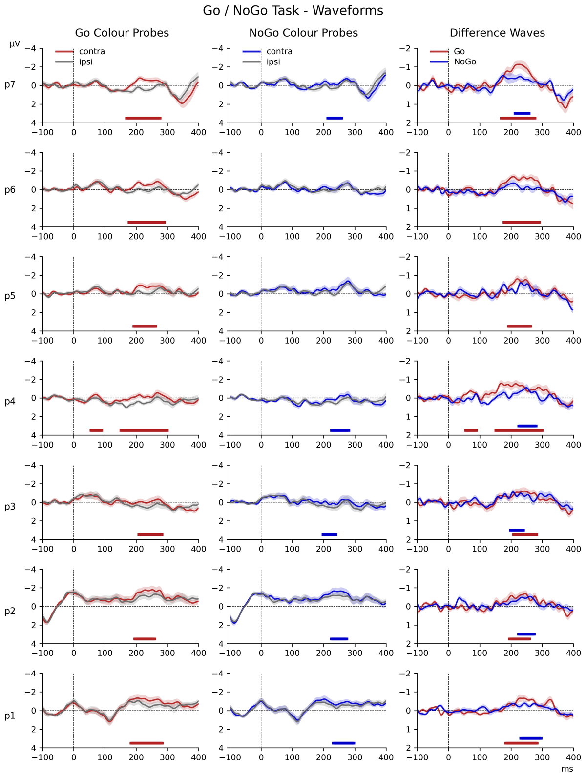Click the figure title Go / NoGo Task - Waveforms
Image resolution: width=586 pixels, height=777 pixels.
pos(293,10)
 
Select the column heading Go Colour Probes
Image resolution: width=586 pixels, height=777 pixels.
pos(122,33)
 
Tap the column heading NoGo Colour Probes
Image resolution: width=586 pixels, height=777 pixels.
pos(303,33)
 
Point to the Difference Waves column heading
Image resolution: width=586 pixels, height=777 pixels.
pos(497,33)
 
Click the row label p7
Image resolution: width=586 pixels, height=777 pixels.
pos(10,85)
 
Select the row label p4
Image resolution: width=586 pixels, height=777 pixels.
pos(10,401)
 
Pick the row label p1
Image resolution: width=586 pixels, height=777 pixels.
pos(10,716)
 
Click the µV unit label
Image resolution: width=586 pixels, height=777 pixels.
pos(15,44)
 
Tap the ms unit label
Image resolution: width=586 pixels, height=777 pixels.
pos(566,769)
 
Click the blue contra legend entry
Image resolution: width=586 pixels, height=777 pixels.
pos(279,51)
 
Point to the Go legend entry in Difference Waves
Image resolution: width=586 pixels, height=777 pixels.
pos(459,51)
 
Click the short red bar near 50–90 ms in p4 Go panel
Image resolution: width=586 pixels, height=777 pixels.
pos(96,430)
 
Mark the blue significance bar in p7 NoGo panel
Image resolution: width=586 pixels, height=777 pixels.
pos(335,118)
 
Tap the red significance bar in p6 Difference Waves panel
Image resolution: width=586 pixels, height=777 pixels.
pos(521,222)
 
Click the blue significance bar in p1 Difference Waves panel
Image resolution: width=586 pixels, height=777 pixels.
pos(531,738)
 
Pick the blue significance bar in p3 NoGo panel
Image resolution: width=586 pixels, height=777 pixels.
pos(329,534)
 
